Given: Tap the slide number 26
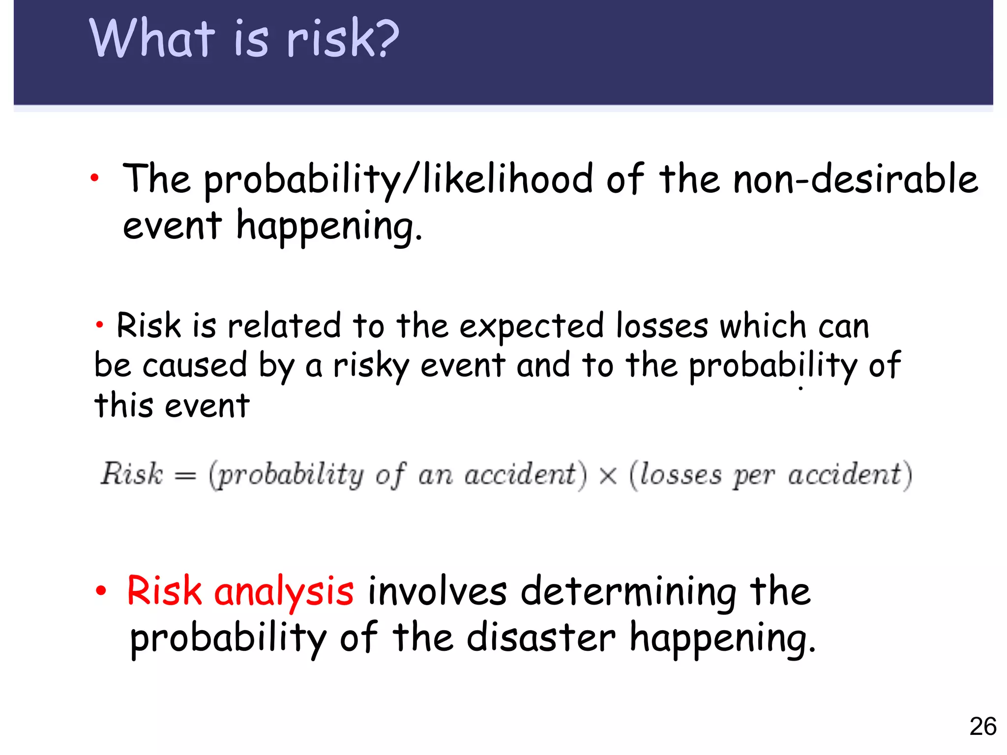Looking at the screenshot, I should coord(982,726).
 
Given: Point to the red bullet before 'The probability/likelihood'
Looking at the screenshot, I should coord(95,178).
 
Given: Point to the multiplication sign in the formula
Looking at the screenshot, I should coord(608,475).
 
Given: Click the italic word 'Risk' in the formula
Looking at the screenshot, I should coord(131,474).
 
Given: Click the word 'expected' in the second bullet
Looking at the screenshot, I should coord(531,327).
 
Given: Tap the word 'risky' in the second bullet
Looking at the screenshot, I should coord(371,367).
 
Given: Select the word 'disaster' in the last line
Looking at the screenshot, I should coord(540,638).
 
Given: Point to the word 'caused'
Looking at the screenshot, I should coord(195,366).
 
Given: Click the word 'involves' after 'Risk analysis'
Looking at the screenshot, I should coord(437,591).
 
